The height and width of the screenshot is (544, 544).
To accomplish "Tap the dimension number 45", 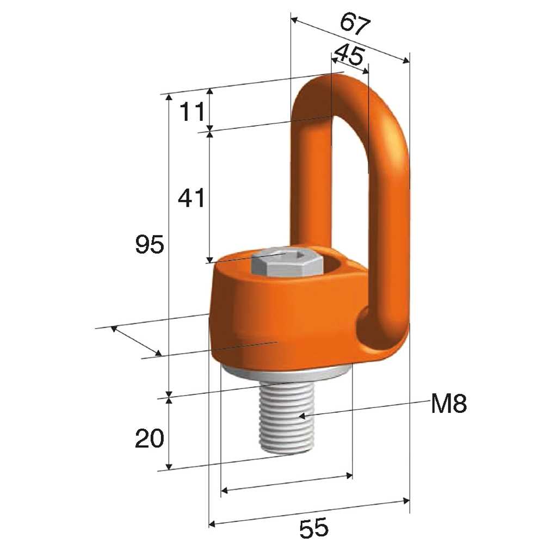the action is [x=349, y=55].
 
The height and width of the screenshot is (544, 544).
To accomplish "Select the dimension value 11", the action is [x=192, y=112].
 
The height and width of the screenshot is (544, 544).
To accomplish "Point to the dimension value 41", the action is [x=191, y=198].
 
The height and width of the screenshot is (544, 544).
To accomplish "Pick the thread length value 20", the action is [x=149, y=438].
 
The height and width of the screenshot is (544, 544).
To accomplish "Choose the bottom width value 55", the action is [x=313, y=527].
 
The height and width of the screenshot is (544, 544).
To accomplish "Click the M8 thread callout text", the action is [x=449, y=404].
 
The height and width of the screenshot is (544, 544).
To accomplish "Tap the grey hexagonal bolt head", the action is [x=286, y=262].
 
